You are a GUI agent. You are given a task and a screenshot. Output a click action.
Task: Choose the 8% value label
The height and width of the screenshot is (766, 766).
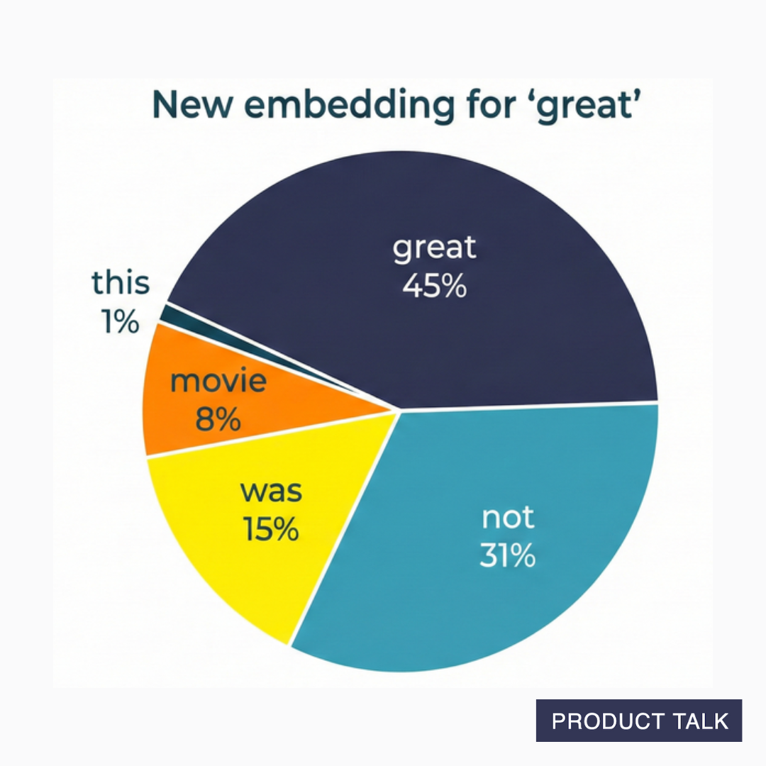point(218,420)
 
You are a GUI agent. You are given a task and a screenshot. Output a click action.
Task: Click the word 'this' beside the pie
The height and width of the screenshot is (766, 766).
point(121,283)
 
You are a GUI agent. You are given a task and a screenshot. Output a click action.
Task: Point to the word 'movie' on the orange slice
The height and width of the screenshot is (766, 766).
point(218,382)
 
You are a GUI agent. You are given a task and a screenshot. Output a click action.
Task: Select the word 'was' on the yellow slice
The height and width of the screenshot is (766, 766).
point(271,490)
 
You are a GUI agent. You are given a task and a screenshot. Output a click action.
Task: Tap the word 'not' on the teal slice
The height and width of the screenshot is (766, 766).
point(507,518)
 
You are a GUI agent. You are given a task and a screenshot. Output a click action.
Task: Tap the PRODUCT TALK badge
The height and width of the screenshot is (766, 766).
point(639,721)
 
